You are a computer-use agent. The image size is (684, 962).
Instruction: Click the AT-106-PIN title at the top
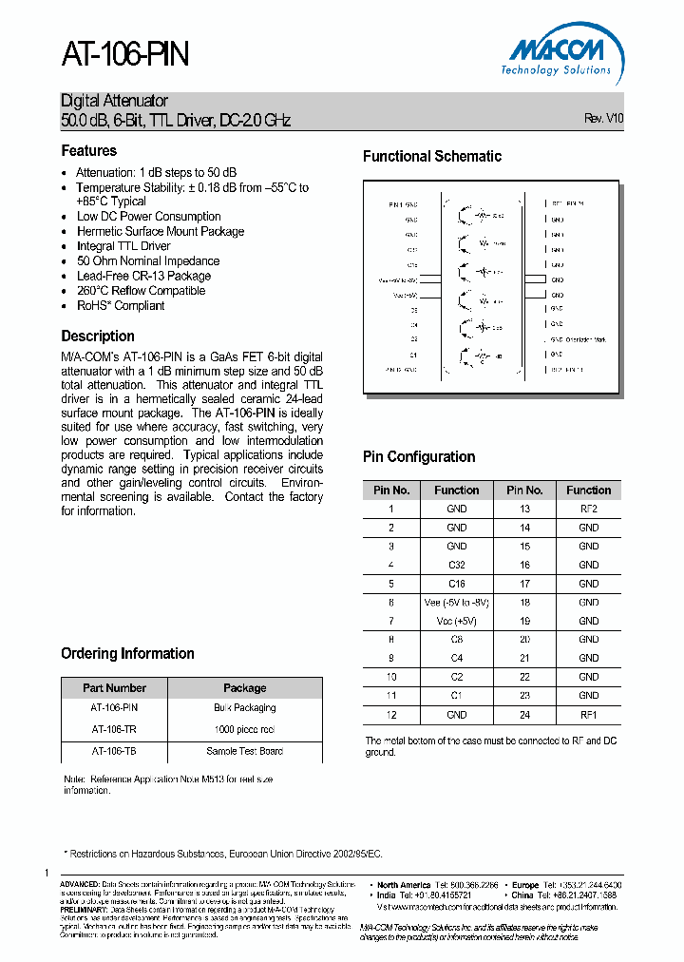pos(125,56)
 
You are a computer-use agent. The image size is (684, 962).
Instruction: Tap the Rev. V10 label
pos(603,120)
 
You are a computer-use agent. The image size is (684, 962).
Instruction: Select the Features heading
pos(89,151)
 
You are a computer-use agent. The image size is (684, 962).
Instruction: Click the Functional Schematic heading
pos(432,157)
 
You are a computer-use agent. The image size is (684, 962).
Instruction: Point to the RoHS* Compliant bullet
pos(121,306)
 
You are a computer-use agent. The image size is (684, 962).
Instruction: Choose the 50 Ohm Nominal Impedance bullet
pos(148,261)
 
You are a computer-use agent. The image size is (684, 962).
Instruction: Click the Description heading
pos(98,337)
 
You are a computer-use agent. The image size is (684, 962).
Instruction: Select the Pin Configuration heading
pos(419,457)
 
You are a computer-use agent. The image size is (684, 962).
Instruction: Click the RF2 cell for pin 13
pos(588,509)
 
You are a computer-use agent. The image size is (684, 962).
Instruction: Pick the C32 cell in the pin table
pos(457,565)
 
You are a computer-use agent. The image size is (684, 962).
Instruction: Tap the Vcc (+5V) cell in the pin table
pos(457,621)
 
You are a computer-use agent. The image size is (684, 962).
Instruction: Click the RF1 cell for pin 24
pos(588,714)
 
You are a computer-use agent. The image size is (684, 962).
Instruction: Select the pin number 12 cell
pos(390,714)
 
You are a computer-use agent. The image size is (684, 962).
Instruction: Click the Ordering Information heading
pos(127,654)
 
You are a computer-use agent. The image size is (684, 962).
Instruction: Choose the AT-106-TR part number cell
pos(114,729)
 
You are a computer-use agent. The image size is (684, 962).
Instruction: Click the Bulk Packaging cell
pos(245,708)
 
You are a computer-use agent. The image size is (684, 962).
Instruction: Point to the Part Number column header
pos(114,688)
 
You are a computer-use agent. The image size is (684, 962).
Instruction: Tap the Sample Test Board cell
pos(245,751)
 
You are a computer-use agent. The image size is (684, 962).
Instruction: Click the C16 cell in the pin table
pos(457,584)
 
